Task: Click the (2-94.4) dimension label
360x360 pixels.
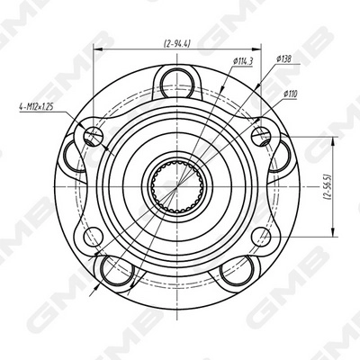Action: pos(179,42)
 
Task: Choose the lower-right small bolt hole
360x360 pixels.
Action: pos(261,237)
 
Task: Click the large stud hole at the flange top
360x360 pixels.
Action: pos(176,85)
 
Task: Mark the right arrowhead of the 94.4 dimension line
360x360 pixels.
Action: pos(259,51)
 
